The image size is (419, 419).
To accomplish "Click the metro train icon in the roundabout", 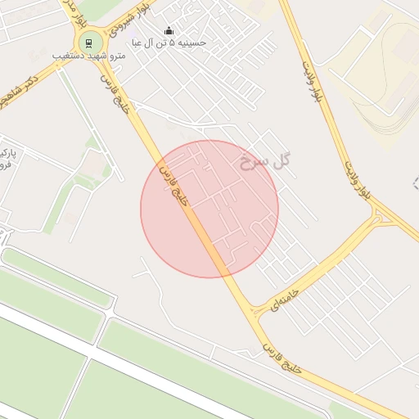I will click(88, 44).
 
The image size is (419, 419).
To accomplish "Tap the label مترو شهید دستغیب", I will click(88, 56).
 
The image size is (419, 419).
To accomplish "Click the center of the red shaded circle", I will click(209, 209).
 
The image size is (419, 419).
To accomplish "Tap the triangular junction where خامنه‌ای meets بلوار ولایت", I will click(378, 218).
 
